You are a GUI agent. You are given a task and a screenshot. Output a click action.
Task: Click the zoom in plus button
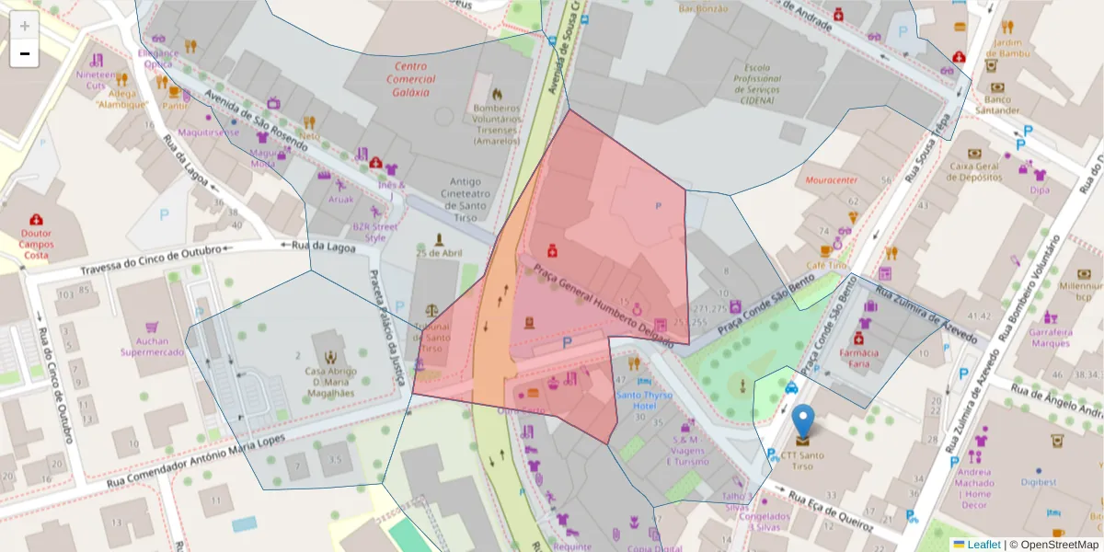pos(25,25)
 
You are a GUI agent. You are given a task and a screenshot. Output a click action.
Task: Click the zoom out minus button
pos(25,53)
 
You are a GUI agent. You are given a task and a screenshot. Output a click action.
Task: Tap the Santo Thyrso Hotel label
pos(643,400)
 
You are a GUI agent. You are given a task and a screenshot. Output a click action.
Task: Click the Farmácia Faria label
pos(863,358)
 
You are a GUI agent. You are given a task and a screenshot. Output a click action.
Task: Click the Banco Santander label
pos(996,105)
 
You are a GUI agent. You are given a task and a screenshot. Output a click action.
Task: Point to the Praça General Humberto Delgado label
pos(602,301)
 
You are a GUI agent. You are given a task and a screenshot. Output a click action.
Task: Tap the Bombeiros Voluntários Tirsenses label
pos(497,124)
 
